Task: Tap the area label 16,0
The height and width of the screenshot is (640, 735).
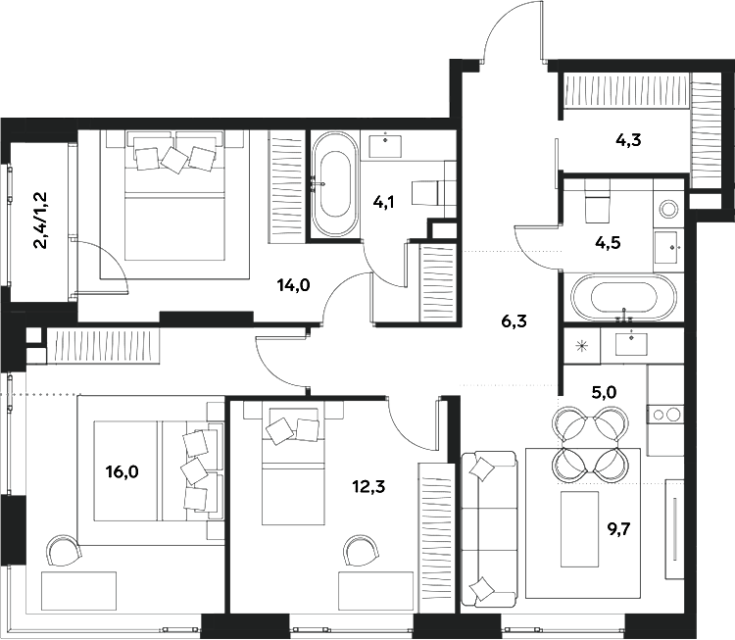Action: point(122,471)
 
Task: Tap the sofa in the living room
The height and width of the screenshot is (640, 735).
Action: point(488,529)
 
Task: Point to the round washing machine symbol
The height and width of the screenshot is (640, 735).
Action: point(670,208)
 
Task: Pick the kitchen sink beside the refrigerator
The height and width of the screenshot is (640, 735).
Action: point(628,343)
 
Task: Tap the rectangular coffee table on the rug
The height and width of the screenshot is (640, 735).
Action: point(579,528)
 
